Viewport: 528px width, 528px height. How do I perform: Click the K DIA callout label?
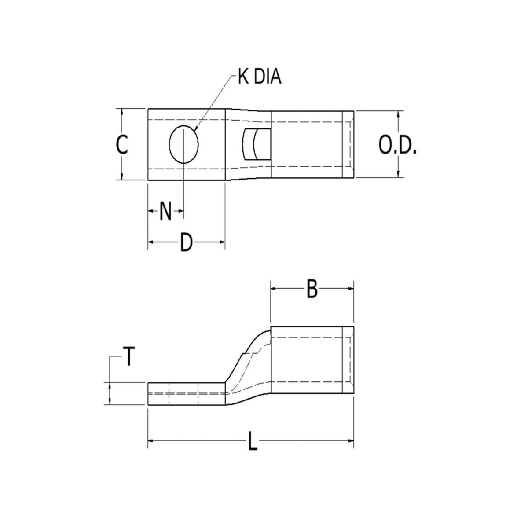(260, 77)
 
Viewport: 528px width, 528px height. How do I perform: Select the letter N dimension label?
(165, 211)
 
